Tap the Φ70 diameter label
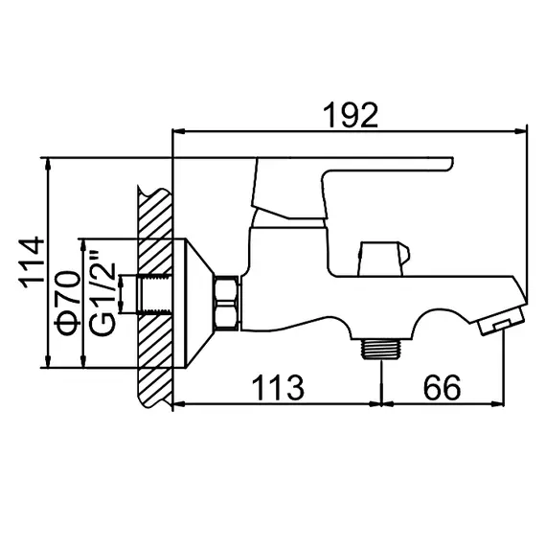tap(68, 302)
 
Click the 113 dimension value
tap(277, 387)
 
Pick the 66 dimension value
tap(441, 387)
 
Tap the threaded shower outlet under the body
tap(382, 346)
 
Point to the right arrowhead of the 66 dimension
tap(502, 403)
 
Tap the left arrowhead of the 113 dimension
tap(177, 403)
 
